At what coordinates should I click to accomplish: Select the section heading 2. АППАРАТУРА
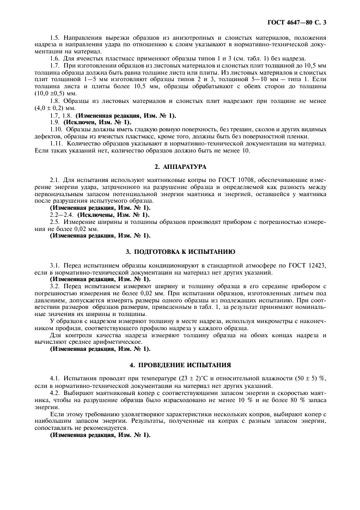(180, 166)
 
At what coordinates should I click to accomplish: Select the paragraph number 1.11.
(57, 143)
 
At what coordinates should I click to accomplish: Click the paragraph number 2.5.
(55, 222)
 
